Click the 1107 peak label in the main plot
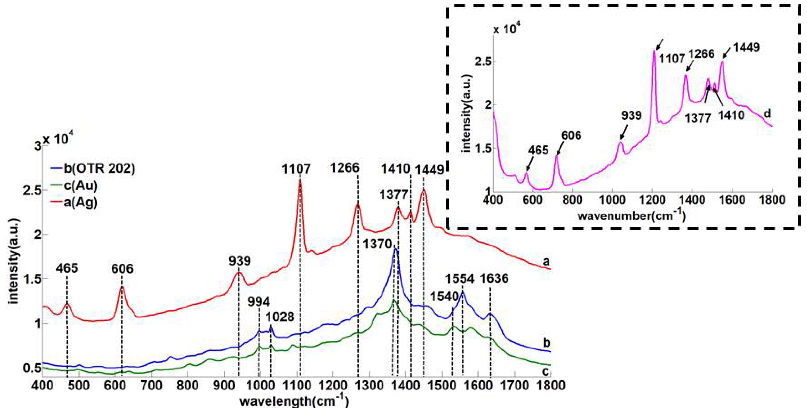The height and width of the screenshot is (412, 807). (x=296, y=169)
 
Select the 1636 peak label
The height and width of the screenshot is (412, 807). (x=494, y=278)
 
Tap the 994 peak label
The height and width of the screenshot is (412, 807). (x=259, y=302)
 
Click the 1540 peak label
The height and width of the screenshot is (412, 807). (x=444, y=296)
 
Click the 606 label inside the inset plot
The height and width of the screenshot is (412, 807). (x=571, y=135)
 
